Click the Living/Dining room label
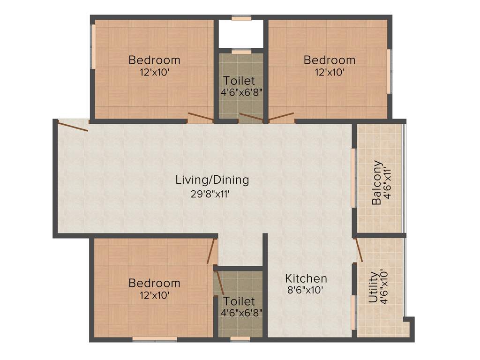coord(212,180)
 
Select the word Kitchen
coord(306,278)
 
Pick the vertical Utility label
coord(374,288)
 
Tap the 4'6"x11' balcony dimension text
coord(387,183)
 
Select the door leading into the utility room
coord(359,249)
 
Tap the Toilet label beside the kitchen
coord(239,301)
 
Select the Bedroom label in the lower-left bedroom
coord(154,283)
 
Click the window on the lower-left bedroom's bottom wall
coord(154,338)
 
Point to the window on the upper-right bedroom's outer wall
coord(388,70)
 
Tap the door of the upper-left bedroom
coord(200,118)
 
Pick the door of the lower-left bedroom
coord(212,251)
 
